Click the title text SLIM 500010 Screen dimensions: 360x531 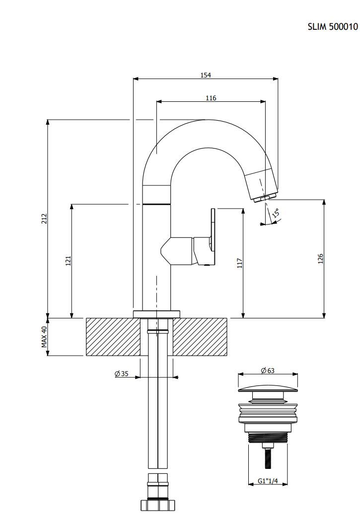pyautogui.click(x=333, y=27)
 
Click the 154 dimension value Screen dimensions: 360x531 pyautogui.click(x=206, y=75)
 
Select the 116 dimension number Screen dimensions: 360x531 pyautogui.click(x=211, y=98)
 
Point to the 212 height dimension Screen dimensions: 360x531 pyautogui.click(x=44, y=219)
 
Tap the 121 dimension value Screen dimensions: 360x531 pyautogui.click(x=68, y=261)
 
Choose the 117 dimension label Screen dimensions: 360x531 pyautogui.click(x=240, y=263)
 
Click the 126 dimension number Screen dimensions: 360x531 pyautogui.click(x=321, y=259)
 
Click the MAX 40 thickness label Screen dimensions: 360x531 pyautogui.click(x=44, y=337)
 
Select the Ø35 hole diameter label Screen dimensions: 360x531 pyautogui.click(x=122, y=374)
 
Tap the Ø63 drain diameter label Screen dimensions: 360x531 pyautogui.click(x=268, y=371)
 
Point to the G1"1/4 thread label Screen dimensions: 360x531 pyautogui.click(x=268, y=480)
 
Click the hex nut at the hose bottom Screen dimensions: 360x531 pyautogui.click(x=158, y=505)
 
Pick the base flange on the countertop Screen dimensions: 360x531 pyautogui.click(x=156, y=314)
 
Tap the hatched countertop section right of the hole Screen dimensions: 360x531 pyautogui.click(x=200, y=337)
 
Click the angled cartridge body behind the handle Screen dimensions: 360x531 pyautogui.click(x=177, y=251)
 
